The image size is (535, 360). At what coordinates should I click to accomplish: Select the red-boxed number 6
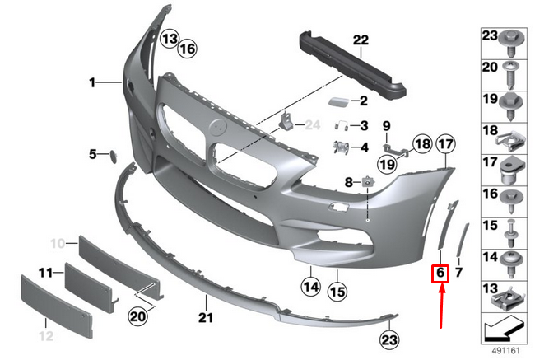pos(440,271)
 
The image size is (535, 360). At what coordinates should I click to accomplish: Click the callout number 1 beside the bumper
pos(93,82)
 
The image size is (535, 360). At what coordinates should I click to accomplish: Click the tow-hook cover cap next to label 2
pos(337,102)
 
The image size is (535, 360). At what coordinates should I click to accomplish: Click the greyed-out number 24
pos(310,125)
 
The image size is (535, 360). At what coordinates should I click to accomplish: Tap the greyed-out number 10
pos(58,244)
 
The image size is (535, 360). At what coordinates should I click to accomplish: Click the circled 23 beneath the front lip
pos(388,339)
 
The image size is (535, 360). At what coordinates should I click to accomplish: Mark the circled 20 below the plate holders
pos(137,314)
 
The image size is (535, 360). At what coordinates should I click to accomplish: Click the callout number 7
pos(460,271)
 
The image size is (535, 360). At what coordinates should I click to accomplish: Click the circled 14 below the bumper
pos(310,288)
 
